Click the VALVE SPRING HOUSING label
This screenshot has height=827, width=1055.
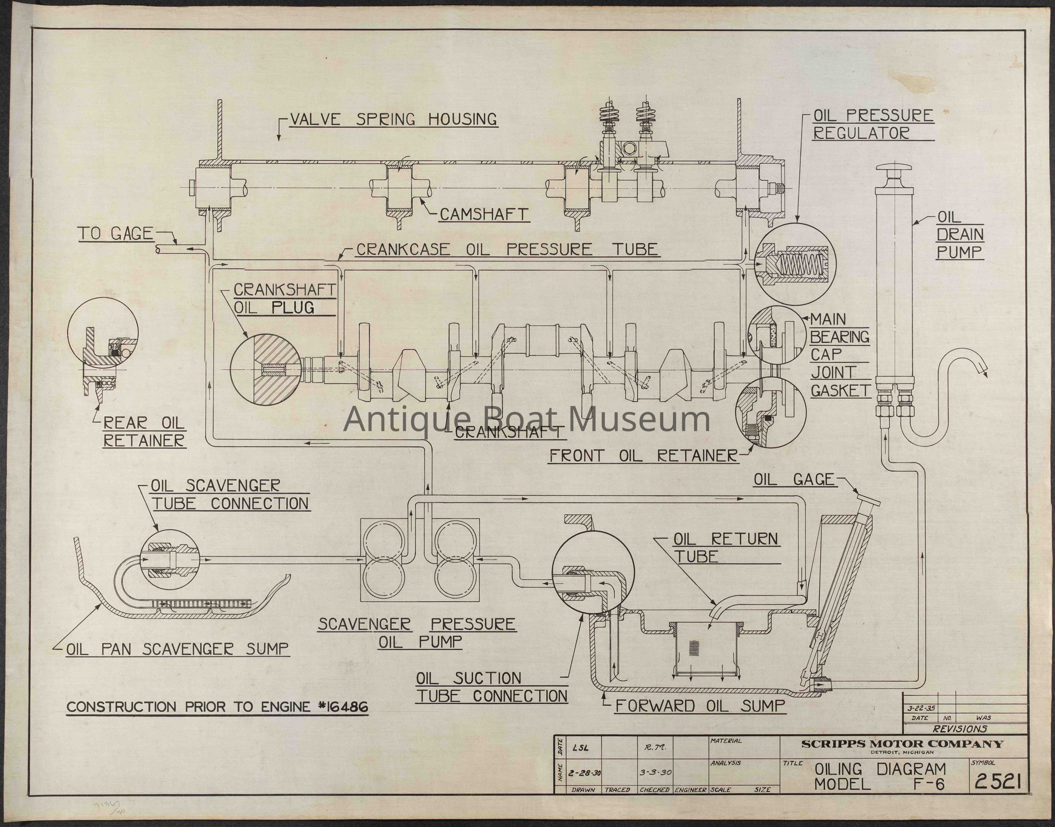tap(393, 119)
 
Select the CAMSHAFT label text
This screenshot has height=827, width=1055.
tap(483, 214)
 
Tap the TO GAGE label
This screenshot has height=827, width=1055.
tap(115, 235)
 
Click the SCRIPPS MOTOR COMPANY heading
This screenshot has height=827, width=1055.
tap(902, 744)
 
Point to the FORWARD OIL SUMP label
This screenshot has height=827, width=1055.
tap(699, 706)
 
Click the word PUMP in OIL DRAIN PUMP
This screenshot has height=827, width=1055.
tap(959, 252)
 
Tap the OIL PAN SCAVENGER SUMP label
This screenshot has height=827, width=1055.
tap(177, 649)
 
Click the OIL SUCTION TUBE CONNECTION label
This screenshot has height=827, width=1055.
tap(491, 687)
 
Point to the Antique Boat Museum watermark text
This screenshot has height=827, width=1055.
tap(527, 419)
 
